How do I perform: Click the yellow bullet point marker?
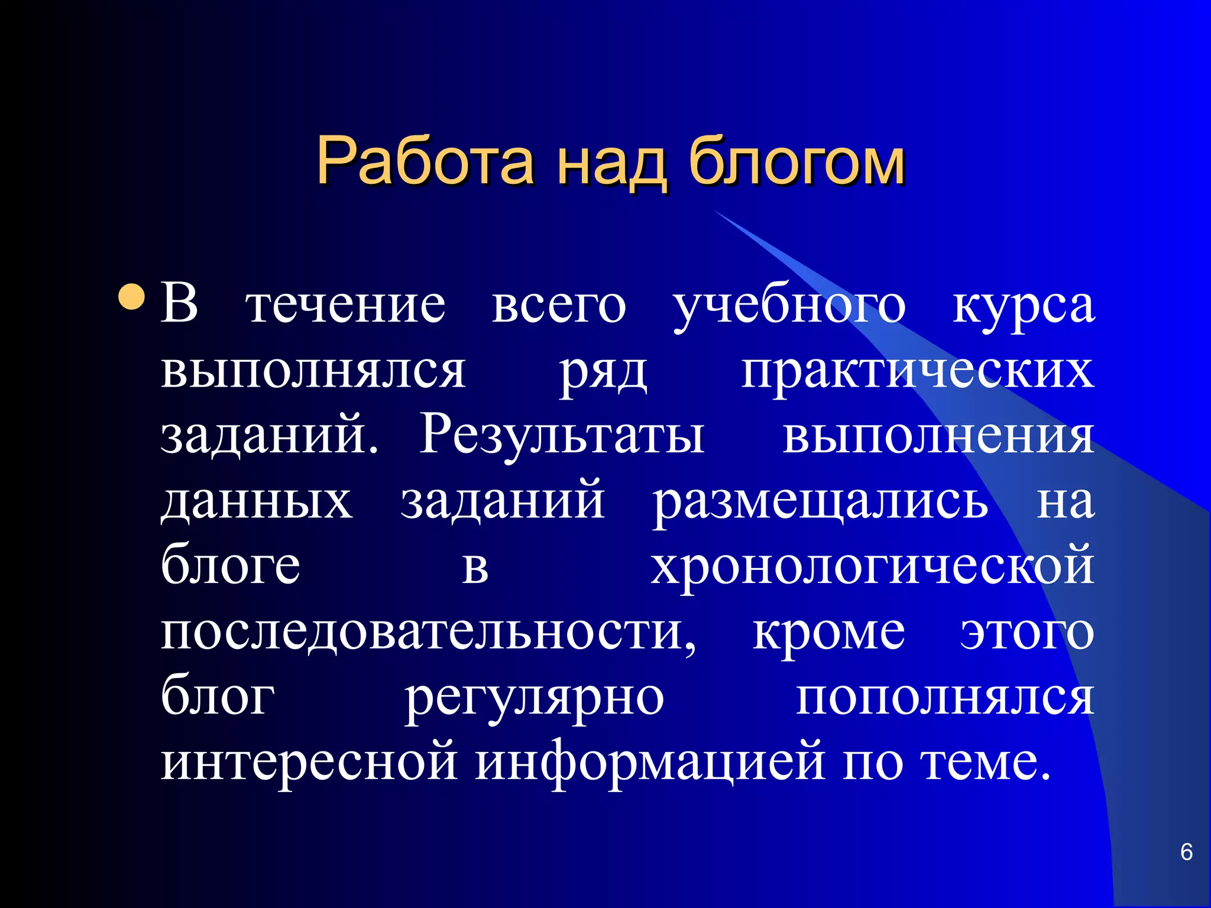131,297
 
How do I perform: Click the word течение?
346,306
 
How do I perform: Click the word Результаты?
562,437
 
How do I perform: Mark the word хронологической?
872,567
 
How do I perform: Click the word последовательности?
429,633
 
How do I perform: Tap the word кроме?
828,633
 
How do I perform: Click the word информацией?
650,763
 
